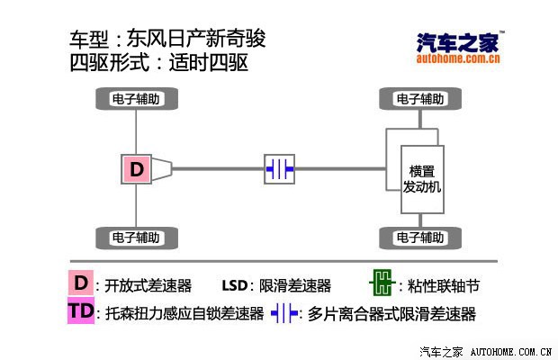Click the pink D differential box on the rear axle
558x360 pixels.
(136, 168)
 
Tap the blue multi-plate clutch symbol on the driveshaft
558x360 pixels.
(279, 168)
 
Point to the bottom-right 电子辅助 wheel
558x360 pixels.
(419, 238)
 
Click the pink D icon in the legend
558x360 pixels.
(81, 284)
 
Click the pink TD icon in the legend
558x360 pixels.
(81, 312)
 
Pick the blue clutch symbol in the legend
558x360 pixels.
(284, 313)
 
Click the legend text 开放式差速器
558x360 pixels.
(148, 286)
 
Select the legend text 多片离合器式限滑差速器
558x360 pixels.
(391, 314)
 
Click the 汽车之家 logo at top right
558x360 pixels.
(460, 47)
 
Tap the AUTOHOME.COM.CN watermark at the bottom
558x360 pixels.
(511, 350)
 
